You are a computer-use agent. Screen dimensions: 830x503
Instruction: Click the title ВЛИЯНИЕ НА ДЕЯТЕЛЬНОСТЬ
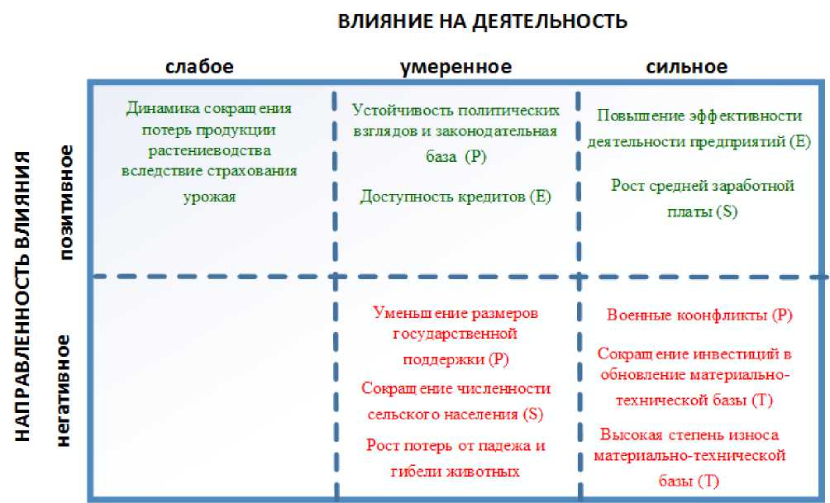pos(482,21)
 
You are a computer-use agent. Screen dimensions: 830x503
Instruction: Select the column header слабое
pos(199,67)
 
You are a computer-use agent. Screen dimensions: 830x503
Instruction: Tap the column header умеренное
pos(456,67)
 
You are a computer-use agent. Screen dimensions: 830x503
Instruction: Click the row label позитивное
pos(67,202)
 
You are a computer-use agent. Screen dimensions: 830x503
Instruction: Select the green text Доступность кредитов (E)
pos(456,197)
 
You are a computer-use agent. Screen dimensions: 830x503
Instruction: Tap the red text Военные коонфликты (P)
pos(699,315)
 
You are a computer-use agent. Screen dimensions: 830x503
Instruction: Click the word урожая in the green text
pos(209,197)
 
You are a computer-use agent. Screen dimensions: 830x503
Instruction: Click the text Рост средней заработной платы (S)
pos(703,198)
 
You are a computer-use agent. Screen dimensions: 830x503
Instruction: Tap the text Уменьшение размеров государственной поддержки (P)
pos(456,336)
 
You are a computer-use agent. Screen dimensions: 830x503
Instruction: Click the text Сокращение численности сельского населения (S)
pos(456,401)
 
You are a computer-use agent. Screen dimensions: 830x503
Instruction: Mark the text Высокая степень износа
pos(689,434)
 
